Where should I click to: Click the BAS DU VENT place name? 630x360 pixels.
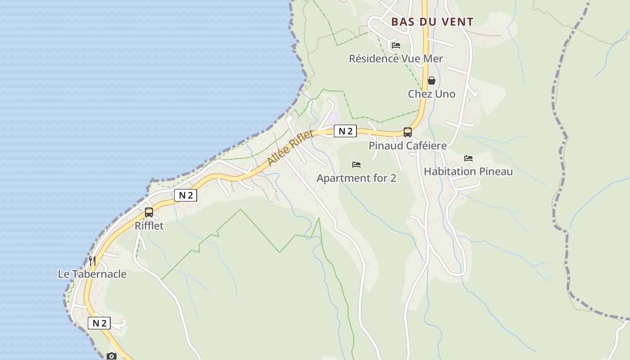432,22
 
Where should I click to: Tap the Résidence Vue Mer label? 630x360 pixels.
396,58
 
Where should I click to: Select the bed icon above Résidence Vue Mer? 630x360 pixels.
396,45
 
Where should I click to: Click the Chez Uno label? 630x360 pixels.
432,94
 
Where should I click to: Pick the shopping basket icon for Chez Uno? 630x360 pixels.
432,81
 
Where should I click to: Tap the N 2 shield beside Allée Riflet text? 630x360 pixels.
345,131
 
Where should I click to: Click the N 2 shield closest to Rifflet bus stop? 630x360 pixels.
185,195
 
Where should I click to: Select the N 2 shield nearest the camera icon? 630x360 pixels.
99,323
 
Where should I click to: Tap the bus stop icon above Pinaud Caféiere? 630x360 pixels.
407,132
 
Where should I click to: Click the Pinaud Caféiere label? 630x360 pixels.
408,146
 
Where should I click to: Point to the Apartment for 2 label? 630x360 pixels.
356,178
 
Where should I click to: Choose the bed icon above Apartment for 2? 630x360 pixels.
356,165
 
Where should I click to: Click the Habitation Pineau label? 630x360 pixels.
468,171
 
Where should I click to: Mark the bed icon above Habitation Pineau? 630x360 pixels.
468,158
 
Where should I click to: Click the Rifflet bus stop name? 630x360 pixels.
149,226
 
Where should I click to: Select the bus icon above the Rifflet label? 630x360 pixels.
149,212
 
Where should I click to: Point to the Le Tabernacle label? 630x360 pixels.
92,274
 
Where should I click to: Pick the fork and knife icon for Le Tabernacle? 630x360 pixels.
92,261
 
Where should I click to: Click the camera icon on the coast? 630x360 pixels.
112,356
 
